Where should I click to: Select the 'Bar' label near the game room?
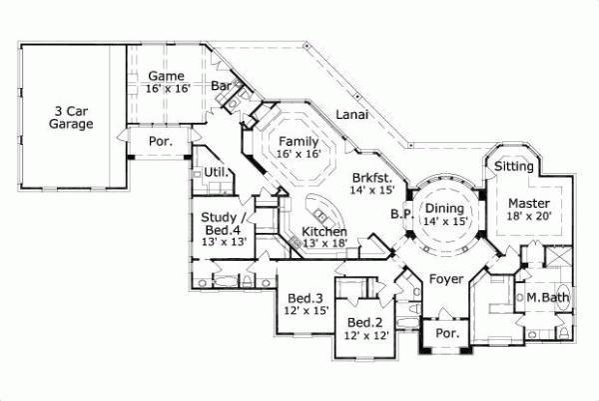(x=221, y=86)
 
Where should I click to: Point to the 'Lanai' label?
(x=351, y=114)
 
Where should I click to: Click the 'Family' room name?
(x=299, y=141)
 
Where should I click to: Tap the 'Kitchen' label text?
(x=324, y=231)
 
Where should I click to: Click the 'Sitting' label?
(x=514, y=166)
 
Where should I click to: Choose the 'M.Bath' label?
(x=547, y=297)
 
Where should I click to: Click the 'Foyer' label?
(x=446, y=279)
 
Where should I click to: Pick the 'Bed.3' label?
(x=305, y=298)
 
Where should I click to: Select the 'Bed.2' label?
(x=365, y=322)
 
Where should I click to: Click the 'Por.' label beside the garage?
(x=160, y=142)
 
